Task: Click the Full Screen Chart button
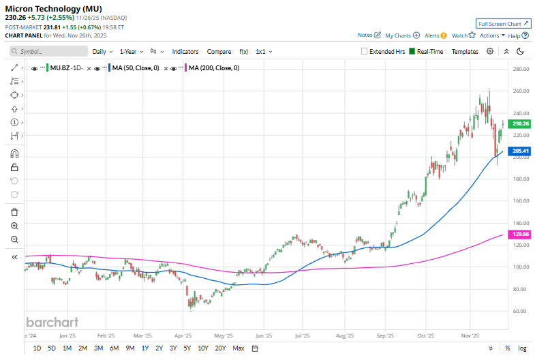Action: pos(502,23)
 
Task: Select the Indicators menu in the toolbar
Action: pos(185,51)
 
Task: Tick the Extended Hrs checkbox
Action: pos(365,51)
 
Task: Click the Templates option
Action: pos(465,51)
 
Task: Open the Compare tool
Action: pos(219,51)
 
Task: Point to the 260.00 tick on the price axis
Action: pos(521,91)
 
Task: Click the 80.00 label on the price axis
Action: pos(520,289)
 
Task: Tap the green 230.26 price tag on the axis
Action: pos(520,123)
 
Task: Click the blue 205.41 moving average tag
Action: pos(520,151)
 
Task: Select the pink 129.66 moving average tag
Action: pos(520,234)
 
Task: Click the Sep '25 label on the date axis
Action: pos(386,335)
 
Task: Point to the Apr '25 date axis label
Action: pos(183,335)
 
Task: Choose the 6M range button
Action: pos(114,348)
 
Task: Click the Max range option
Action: pos(239,348)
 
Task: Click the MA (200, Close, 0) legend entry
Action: pos(213,68)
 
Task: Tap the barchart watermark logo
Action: pos(52,322)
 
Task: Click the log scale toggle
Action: pos(521,348)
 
